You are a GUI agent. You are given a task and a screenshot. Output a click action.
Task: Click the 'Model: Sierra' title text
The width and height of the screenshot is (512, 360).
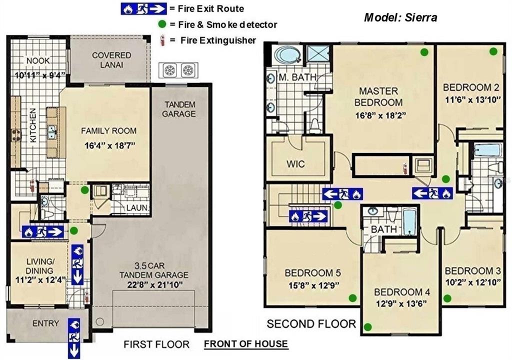400,18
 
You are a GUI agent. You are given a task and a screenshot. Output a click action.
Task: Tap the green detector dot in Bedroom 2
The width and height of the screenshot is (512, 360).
493,50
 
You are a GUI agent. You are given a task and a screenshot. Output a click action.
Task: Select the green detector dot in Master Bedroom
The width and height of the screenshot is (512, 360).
424,51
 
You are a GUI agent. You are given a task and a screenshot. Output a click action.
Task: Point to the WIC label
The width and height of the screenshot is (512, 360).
296,164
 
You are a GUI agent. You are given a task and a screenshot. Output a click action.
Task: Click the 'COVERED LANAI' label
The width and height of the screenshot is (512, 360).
111,59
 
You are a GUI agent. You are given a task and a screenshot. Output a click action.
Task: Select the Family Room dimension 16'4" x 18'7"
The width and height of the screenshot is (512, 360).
109,147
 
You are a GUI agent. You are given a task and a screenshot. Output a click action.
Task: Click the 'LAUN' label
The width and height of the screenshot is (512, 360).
136,207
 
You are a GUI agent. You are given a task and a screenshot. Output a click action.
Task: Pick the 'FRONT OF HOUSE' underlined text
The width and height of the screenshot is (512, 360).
245,343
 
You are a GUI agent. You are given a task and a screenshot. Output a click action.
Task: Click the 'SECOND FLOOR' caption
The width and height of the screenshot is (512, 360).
311,324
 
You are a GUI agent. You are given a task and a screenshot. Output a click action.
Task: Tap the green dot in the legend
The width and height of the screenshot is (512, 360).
161,24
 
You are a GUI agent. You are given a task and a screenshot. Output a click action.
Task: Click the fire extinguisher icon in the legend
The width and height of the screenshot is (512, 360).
161,40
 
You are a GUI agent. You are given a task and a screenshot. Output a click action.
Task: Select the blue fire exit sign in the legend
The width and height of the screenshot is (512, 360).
143,8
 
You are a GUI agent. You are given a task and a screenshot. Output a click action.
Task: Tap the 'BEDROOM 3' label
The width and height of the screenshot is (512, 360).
472,271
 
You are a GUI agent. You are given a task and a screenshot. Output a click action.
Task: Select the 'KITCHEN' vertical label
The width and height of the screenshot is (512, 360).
33,125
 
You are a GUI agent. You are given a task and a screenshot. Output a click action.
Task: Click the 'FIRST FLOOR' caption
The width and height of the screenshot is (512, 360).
156,344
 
